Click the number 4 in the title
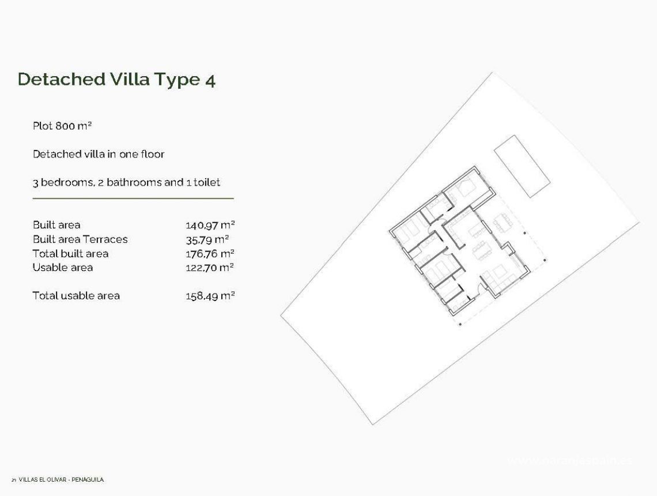coord(210,80)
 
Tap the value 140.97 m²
coord(210,225)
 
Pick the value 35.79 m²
coord(207,239)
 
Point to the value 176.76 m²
coord(210,253)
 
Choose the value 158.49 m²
coord(210,295)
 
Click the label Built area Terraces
coord(80,239)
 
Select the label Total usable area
coord(76,295)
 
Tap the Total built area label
coord(70,253)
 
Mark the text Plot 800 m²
coord(62,126)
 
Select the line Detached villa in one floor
coord(99,154)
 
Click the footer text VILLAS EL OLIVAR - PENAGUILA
coord(61,479)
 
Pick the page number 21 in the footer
coord(13,480)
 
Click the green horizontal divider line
coord(133,198)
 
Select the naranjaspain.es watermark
coord(569,460)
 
